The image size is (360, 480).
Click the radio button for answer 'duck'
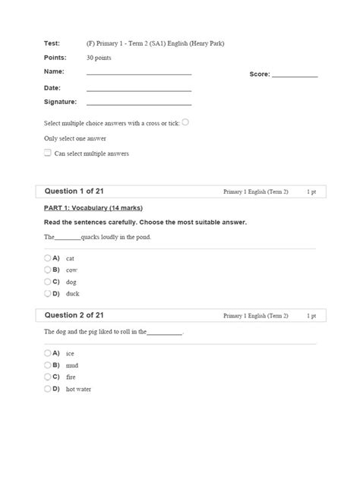(x=47, y=292)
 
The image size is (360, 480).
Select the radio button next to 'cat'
(x=47, y=257)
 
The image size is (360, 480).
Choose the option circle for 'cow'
(x=47, y=269)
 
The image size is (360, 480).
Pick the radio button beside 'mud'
(x=47, y=365)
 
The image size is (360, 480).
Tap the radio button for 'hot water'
(x=47, y=388)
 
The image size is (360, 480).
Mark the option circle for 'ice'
(x=47, y=352)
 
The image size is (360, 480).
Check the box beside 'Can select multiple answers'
(x=48, y=153)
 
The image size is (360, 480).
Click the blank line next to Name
(x=139, y=74)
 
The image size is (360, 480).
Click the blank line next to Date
(x=139, y=90)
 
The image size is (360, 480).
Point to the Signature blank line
(x=139, y=103)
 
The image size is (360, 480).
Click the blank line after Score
(x=295, y=76)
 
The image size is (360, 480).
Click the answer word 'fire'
(x=71, y=377)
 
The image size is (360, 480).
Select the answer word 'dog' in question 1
(x=71, y=281)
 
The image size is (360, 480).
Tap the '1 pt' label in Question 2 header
(x=311, y=315)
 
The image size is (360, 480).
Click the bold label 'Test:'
(x=52, y=43)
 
